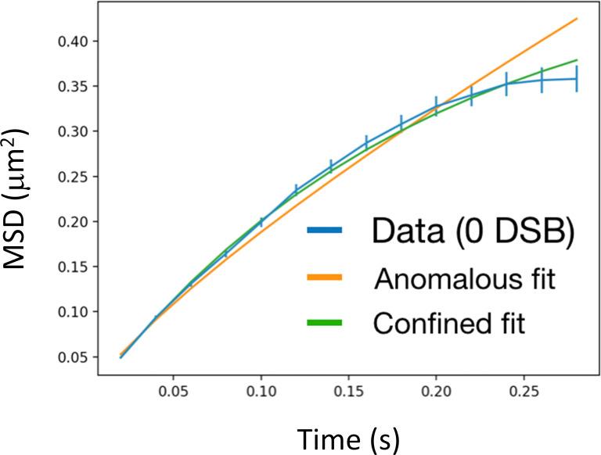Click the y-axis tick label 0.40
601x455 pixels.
coord(72,41)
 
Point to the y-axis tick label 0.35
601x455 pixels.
coord(72,86)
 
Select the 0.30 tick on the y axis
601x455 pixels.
coord(72,131)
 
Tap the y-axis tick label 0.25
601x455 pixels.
coord(72,177)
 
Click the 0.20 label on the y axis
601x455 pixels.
coord(72,222)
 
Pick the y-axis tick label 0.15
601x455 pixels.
coord(72,267)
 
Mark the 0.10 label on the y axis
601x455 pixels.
coord(72,312)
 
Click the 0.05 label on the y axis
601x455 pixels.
coord(72,357)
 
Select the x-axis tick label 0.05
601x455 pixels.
coord(173,391)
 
